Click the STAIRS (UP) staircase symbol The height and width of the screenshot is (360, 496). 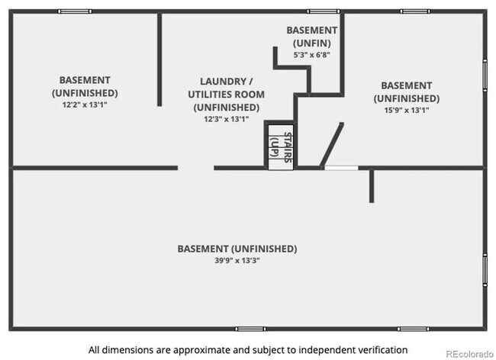279,145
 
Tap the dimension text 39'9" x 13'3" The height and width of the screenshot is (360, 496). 237,261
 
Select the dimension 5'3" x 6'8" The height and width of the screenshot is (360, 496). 312,55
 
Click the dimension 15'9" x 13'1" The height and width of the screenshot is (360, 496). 406,110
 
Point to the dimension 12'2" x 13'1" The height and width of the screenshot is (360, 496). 85,104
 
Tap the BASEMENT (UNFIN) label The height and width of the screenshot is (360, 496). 312,36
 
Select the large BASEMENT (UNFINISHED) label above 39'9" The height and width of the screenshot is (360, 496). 237,249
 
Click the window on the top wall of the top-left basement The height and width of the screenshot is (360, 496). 75,11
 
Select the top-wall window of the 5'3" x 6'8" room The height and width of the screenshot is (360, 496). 324,11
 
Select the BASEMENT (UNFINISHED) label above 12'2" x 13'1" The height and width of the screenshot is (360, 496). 85,85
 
